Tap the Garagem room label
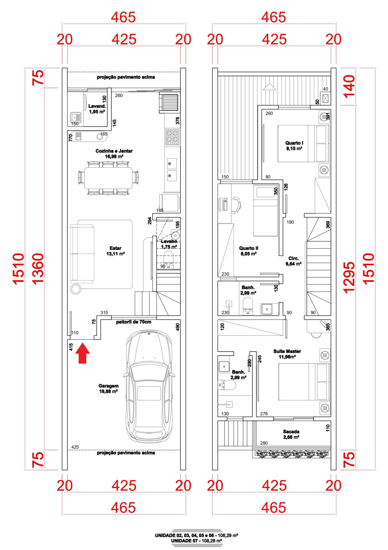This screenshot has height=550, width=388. [x=108, y=389]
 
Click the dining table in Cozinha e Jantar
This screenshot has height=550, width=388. [x=108, y=178]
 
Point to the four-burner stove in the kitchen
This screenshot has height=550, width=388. [x=172, y=136]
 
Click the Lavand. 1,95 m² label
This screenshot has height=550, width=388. [x=97, y=109]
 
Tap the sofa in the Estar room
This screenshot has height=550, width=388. [x=82, y=254]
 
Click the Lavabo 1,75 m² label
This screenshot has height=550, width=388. [x=169, y=244]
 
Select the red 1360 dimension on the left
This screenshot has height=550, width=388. [x=38, y=269]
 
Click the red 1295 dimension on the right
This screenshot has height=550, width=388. [x=349, y=277]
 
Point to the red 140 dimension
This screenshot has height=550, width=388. [x=349, y=87]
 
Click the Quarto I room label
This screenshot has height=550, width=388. [x=294, y=146]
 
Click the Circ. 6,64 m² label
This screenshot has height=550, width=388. [x=294, y=261]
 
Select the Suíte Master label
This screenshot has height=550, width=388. [x=287, y=354]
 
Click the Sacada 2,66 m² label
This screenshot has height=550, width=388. [x=291, y=434]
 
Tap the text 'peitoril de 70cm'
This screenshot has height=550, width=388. [x=134, y=322]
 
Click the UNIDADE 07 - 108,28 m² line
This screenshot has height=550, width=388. [x=196, y=541]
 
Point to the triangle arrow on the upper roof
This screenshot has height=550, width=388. [x=269, y=87]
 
